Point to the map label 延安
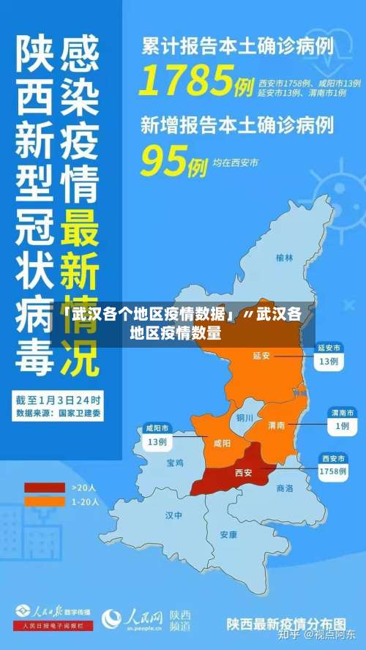click(x=261, y=356)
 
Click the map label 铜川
click(x=244, y=418)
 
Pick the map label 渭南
click(x=276, y=425)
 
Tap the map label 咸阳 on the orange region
click(x=221, y=443)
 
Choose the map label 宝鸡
click(x=175, y=463)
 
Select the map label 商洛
click(x=284, y=487)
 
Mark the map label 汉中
click(x=173, y=515)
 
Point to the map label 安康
click(x=228, y=534)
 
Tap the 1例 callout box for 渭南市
click(x=341, y=425)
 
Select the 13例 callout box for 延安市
click(x=327, y=361)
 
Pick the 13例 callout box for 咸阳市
click(x=157, y=442)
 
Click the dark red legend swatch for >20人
click(x=44, y=487)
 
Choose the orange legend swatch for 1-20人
click(x=44, y=501)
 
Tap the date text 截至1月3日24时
click(x=59, y=400)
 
